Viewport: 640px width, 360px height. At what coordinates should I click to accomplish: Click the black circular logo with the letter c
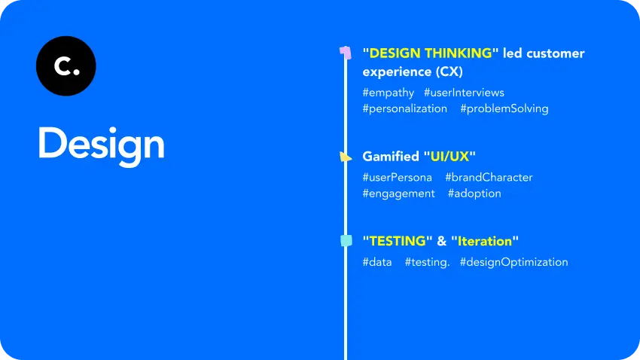pyautogui.click(x=66, y=66)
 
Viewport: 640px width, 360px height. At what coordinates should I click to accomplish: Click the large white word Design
pyautogui.click(x=101, y=145)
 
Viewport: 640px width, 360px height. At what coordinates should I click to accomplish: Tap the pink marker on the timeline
pyautogui.click(x=345, y=52)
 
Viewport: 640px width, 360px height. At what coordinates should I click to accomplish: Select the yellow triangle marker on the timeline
pyautogui.click(x=345, y=157)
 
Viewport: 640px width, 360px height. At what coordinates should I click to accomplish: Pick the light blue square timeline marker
pyautogui.click(x=346, y=241)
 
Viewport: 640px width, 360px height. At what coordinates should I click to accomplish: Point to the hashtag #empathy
pyautogui.click(x=388, y=93)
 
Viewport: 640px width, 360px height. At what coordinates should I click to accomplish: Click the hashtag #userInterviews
pyautogui.click(x=464, y=93)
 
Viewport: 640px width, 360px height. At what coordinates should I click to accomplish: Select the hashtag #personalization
pyautogui.click(x=404, y=108)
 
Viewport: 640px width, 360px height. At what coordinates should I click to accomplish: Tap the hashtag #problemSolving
pyautogui.click(x=504, y=108)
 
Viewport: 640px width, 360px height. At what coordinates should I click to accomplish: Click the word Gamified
pyautogui.click(x=391, y=157)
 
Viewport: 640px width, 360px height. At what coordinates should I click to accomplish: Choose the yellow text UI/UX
pyautogui.click(x=450, y=157)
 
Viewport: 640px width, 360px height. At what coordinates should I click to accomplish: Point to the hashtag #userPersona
pyautogui.click(x=397, y=178)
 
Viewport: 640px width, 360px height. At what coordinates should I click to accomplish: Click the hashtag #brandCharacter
pyautogui.click(x=489, y=178)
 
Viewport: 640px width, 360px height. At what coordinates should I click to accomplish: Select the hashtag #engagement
pyautogui.click(x=398, y=194)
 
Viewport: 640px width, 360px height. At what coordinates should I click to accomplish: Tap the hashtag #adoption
pyautogui.click(x=474, y=194)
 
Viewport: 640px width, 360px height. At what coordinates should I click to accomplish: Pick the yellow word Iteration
pyautogui.click(x=485, y=241)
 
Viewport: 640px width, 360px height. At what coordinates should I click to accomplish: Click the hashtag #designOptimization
pyautogui.click(x=514, y=262)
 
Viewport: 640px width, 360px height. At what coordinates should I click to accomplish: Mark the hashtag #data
pyautogui.click(x=376, y=262)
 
